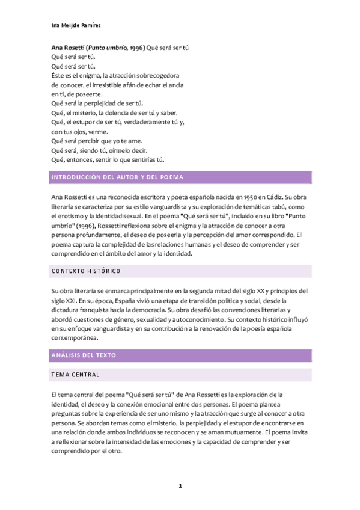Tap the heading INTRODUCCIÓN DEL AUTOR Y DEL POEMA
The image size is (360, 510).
pos(117,177)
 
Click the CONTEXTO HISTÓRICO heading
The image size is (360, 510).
pos(86,271)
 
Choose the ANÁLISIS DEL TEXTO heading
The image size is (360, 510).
pos(84,355)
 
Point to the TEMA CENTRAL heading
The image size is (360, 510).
pos(75,375)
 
